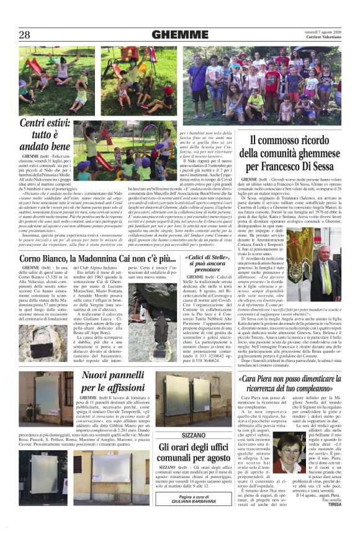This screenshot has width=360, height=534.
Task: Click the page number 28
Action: (x=25, y=34)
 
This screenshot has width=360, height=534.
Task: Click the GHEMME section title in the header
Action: (x=179, y=34)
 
